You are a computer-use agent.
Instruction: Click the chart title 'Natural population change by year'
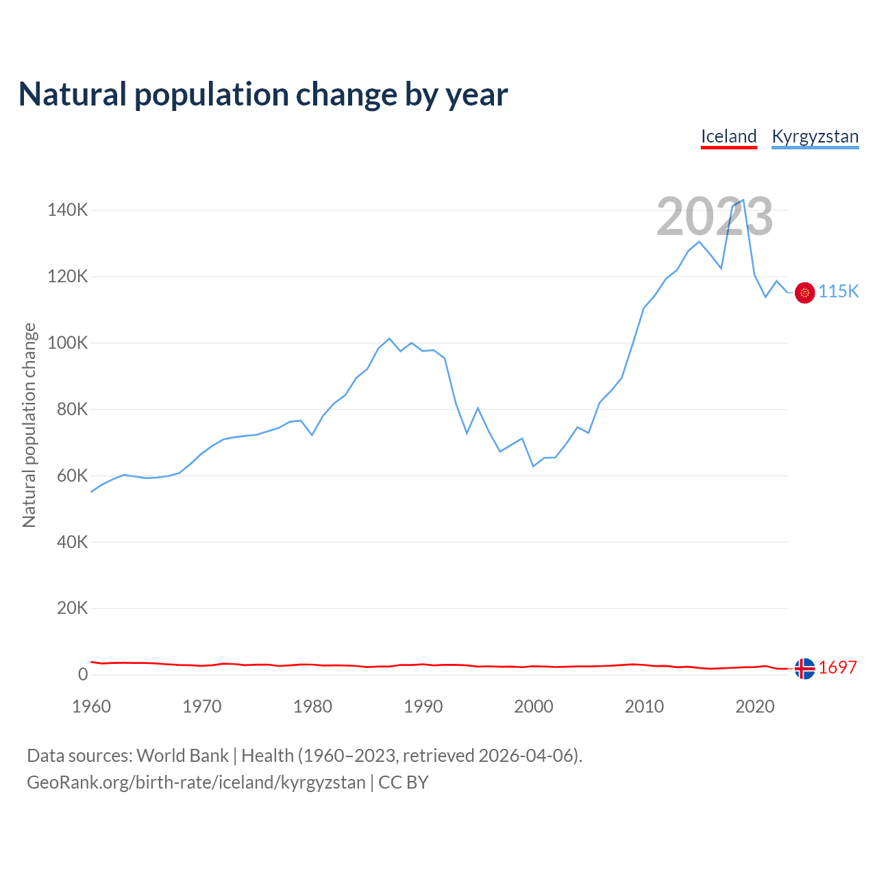[263, 95]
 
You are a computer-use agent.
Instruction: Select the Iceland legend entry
[728, 136]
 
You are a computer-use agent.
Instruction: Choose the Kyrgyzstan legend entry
[815, 136]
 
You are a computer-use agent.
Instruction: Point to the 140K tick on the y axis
[67, 210]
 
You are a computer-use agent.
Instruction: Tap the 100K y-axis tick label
[67, 343]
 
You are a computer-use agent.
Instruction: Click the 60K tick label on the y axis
[71, 475]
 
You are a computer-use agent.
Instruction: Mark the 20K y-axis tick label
[71, 608]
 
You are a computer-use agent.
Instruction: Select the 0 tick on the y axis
[83, 674]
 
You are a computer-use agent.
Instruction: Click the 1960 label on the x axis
[91, 706]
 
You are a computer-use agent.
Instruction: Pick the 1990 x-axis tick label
[423, 706]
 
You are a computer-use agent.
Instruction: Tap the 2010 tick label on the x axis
[644, 706]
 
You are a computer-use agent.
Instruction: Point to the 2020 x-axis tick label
[754, 706]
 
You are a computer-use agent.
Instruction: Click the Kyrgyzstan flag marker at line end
[804, 293]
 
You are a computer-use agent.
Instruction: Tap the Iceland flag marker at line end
[804, 668]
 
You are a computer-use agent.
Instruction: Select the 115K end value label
[839, 292]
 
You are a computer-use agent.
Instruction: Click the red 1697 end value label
[838, 667]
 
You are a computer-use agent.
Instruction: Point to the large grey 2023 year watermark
[715, 217]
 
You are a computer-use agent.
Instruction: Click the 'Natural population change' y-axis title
[29, 425]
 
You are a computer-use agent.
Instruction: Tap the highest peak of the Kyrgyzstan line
[743, 200]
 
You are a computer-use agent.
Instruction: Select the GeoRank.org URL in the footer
[196, 782]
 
